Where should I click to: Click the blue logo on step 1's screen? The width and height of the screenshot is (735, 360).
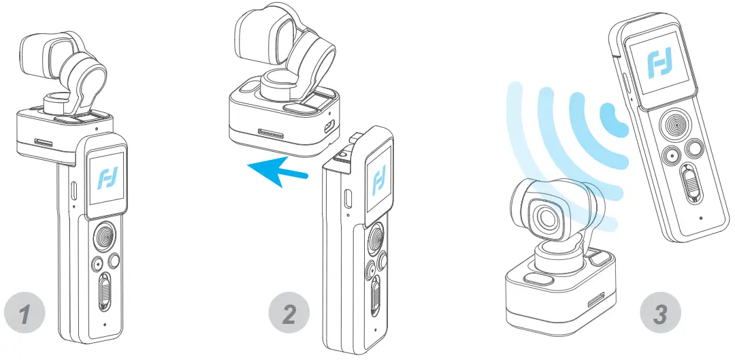tap(106, 178)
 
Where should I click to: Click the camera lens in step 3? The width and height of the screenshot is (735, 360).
tap(546, 216)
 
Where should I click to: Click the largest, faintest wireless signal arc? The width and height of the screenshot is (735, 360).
tap(520, 136)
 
